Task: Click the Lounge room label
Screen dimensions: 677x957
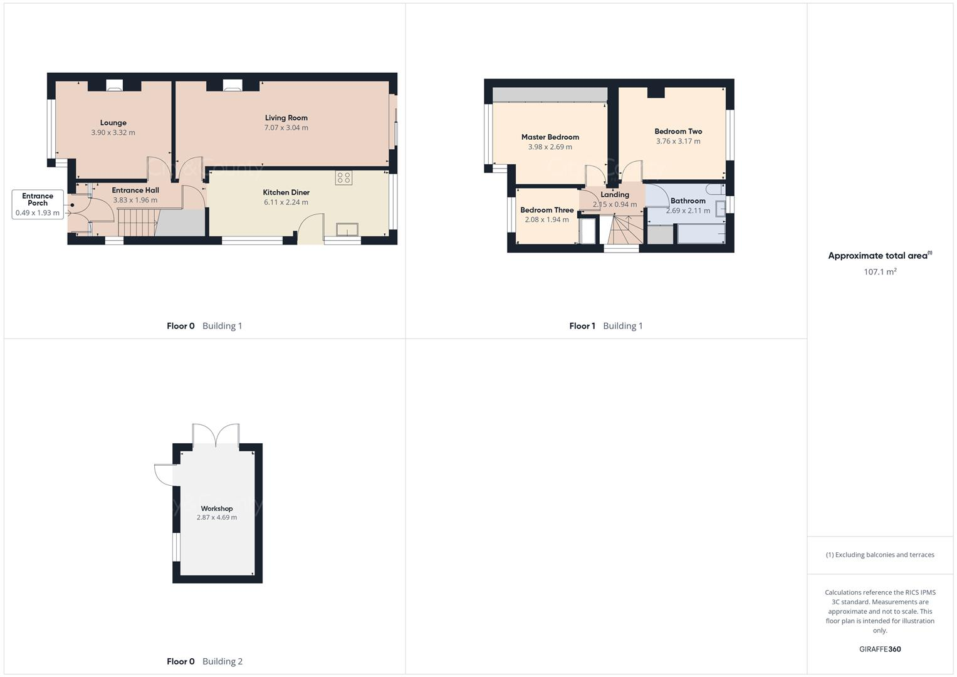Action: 113,123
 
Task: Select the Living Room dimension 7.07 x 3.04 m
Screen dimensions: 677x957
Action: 286,128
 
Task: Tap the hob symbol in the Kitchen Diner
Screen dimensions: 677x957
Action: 343,177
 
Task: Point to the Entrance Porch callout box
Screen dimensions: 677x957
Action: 38,204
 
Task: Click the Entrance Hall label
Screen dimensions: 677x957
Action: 135,190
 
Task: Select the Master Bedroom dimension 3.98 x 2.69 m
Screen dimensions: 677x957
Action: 550,147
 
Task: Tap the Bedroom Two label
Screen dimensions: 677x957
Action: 678,132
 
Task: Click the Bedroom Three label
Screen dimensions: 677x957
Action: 546,210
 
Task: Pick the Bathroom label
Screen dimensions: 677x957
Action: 688,201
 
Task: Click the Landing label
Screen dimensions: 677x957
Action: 614,195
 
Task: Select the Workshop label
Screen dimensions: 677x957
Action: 217,508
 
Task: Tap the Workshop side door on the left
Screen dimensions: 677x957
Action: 165,474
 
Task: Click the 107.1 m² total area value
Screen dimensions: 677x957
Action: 879,272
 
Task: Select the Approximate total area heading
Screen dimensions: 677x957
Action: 879,256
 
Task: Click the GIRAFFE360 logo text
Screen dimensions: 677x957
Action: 879,649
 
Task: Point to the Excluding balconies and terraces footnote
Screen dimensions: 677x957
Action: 879,555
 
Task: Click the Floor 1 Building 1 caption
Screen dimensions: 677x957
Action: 605,326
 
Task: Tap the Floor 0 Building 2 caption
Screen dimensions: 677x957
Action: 204,661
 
